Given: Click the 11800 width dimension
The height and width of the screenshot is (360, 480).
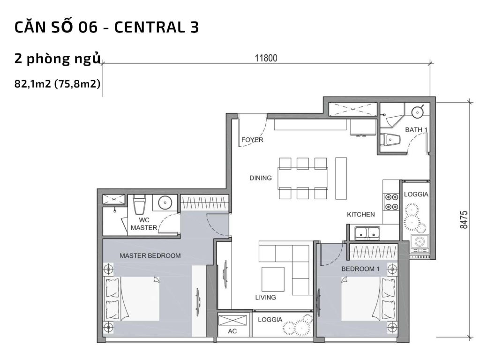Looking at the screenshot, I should click(x=266, y=59).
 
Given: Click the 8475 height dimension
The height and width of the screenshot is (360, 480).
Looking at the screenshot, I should click(x=464, y=219).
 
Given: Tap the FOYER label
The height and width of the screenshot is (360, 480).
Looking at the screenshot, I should click(x=252, y=140).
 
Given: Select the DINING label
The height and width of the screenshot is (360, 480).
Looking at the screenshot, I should click(x=261, y=178).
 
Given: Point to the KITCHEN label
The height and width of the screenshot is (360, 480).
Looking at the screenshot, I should click(x=360, y=215).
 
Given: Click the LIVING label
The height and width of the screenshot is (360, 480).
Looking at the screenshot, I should click(x=265, y=297).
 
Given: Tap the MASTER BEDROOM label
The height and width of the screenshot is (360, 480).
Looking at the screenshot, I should click(x=150, y=256).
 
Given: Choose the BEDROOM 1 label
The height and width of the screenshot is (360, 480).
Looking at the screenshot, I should click(x=360, y=269).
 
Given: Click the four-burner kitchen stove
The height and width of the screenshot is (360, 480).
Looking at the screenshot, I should click(x=389, y=202).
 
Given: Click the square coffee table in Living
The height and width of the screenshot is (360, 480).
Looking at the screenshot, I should click(x=273, y=279).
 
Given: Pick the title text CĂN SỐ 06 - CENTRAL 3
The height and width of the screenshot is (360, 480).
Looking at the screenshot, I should click(x=107, y=28).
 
